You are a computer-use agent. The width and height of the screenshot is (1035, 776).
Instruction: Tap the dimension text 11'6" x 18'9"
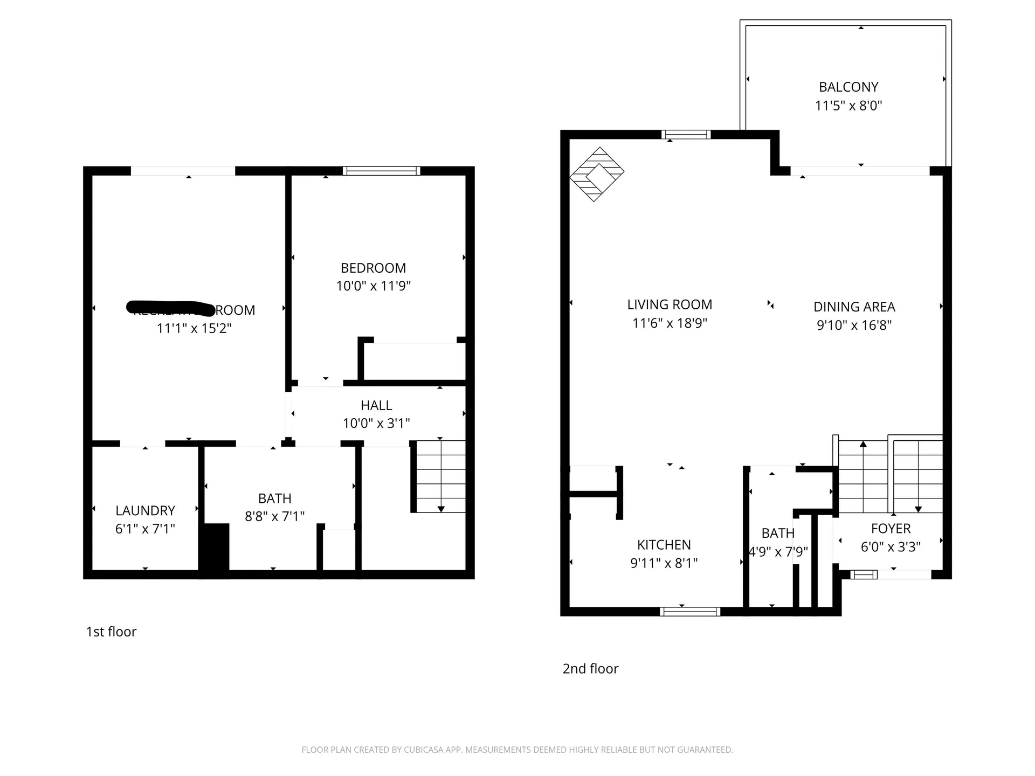tap(670, 323)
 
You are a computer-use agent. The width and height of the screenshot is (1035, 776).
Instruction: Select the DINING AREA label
tap(854, 307)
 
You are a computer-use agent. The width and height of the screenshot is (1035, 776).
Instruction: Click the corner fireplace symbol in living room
tap(597, 174)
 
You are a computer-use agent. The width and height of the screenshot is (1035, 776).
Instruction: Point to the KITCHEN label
tap(664, 545)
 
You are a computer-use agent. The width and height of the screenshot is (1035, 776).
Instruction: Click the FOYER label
tap(891, 529)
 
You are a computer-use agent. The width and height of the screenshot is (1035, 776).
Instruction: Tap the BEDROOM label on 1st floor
tap(373, 268)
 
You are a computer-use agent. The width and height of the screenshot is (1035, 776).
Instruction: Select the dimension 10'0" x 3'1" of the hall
tap(376, 424)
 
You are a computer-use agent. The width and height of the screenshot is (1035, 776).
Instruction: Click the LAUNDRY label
tap(145, 510)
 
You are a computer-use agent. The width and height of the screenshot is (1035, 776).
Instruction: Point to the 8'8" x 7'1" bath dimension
tap(274, 516)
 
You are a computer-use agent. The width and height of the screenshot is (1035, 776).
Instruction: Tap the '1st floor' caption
tap(111, 632)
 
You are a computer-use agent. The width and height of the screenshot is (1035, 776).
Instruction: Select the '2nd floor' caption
tap(590, 669)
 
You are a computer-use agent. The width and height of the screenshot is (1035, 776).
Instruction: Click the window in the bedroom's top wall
tap(381, 171)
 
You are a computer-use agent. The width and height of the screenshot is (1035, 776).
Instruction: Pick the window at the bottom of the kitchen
tap(690, 611)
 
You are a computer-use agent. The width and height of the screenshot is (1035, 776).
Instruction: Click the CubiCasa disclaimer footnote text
tap(517, 750)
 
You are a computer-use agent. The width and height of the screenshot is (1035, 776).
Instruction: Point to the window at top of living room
tap(686, 135)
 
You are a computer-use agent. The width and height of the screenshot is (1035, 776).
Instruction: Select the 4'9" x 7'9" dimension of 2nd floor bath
tap(778, 552)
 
